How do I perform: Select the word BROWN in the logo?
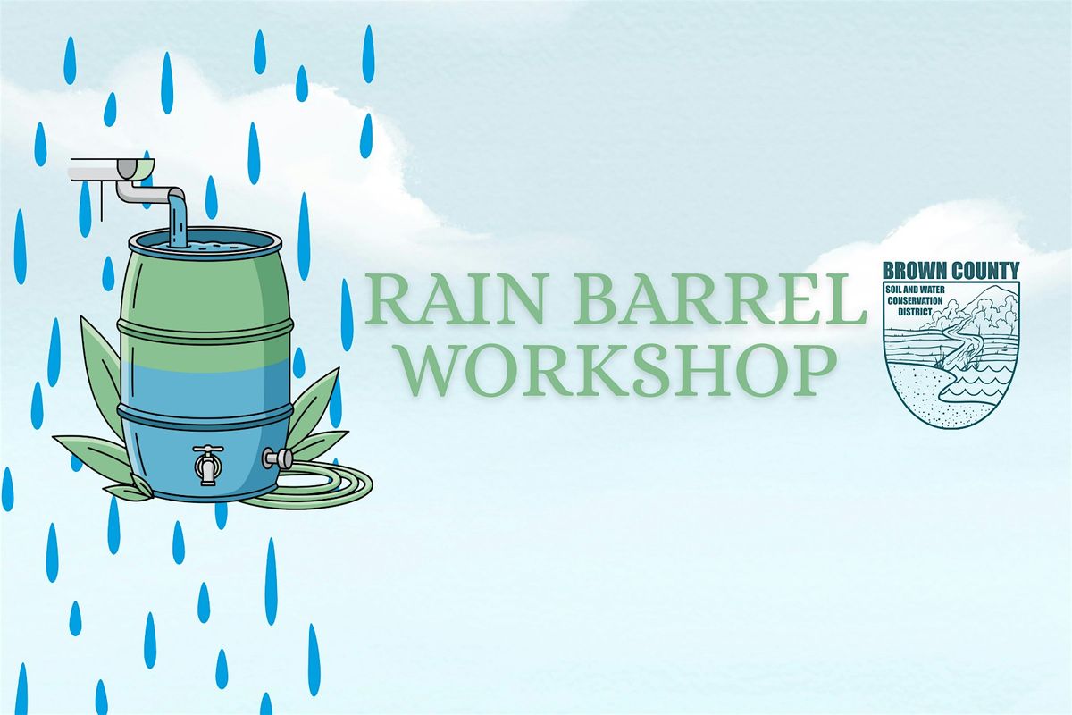point(914,271)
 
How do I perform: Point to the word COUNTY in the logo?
point(984,271)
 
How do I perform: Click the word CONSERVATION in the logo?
point(915,301)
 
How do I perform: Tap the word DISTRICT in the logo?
point(915,312)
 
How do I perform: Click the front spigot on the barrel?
point(207,465)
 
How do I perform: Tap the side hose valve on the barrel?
point(278,458)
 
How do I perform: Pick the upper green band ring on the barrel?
point(205,329)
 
